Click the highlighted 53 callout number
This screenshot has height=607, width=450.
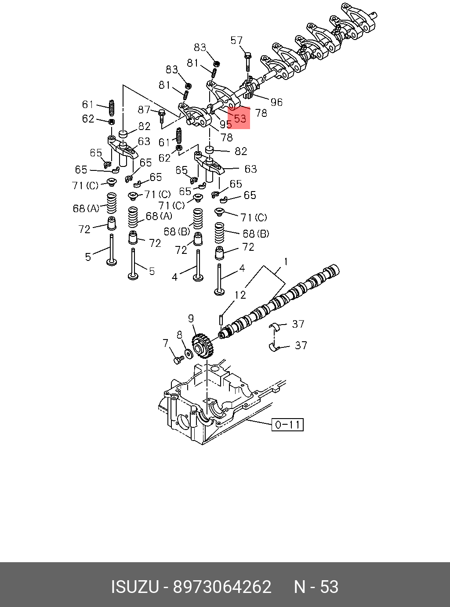tap(240, 118)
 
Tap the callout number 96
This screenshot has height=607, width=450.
tap(276, 102)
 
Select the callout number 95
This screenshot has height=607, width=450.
tap(225, 124)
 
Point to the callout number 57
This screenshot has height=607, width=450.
tap(236, 41)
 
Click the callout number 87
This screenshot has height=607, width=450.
tap(144, 110)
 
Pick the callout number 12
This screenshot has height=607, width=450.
tap(240, 295)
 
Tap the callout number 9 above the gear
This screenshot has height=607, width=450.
tap(191, 318)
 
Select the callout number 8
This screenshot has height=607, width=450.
tap(179, 335)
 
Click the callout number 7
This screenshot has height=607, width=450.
tap(166, 343)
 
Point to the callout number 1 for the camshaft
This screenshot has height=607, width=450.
tap(286, 262)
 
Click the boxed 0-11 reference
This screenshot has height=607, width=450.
tap(287, 424)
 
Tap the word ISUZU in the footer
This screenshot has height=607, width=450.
tap(134, 587)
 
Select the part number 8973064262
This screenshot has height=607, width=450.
tap(222, 587)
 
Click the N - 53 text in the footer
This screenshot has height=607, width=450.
tap(316, 587)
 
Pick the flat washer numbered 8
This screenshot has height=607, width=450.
tap(189, 353)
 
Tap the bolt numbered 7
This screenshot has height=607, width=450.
tap(178, 360)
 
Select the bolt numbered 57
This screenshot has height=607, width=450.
tap(247, 61)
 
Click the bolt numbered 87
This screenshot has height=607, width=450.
tap(162, 115)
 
